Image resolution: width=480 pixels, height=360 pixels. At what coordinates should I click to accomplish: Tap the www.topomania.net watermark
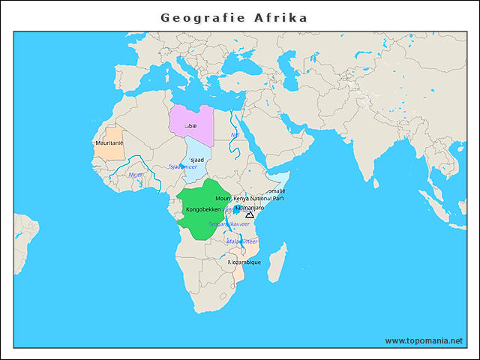point(424,340)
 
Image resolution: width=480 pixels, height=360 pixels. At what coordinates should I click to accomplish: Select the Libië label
point(190,127)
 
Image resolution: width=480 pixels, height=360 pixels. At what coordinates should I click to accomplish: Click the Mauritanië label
point(109,142)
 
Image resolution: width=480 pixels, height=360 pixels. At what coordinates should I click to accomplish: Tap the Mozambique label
point(244,262)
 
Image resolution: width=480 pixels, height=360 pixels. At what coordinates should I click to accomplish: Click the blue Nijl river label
point(235,135)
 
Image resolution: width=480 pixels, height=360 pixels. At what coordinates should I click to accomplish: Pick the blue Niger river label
point(136,174)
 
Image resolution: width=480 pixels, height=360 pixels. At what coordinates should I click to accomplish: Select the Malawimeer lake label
point(242,241)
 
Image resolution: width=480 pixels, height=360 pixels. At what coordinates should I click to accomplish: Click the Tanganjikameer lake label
point(229,223)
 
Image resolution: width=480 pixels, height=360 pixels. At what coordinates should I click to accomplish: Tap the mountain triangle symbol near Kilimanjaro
point(250,215)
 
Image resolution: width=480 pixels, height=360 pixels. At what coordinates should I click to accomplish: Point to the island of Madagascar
point(277,258)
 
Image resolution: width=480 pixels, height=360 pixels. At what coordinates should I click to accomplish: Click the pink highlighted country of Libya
point(192,120)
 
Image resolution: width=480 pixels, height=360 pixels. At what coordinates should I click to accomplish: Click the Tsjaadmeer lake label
point(182,167)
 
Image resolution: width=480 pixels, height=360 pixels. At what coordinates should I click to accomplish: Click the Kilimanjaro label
point(250,207)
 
